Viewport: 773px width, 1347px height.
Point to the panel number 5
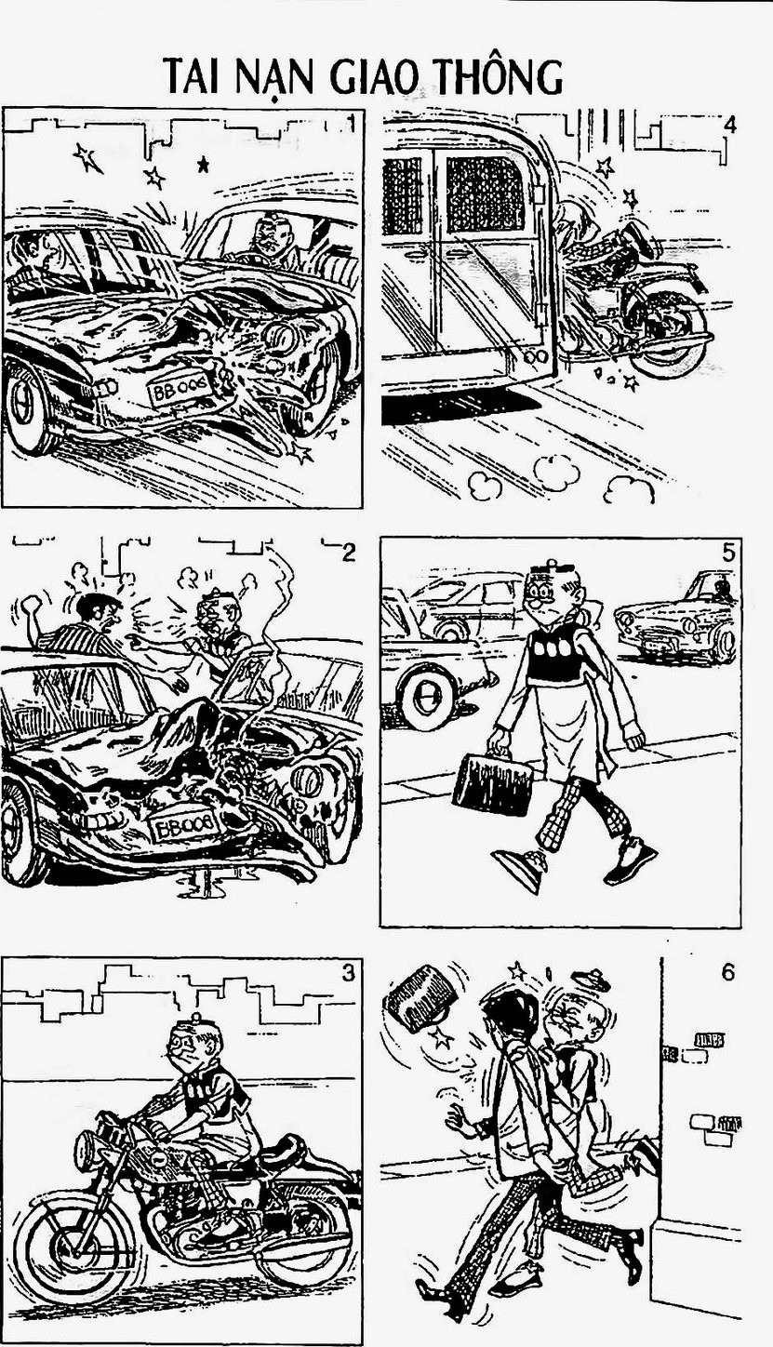[x=728, y=553]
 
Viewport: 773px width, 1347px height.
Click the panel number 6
[x=728, y=972]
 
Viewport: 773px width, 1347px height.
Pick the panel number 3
[x=349, y=972]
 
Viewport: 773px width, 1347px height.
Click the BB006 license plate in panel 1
[x=180, y=389]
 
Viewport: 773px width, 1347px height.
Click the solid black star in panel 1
[x=204, y=164]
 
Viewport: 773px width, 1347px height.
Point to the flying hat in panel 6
[x=592, y=979]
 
